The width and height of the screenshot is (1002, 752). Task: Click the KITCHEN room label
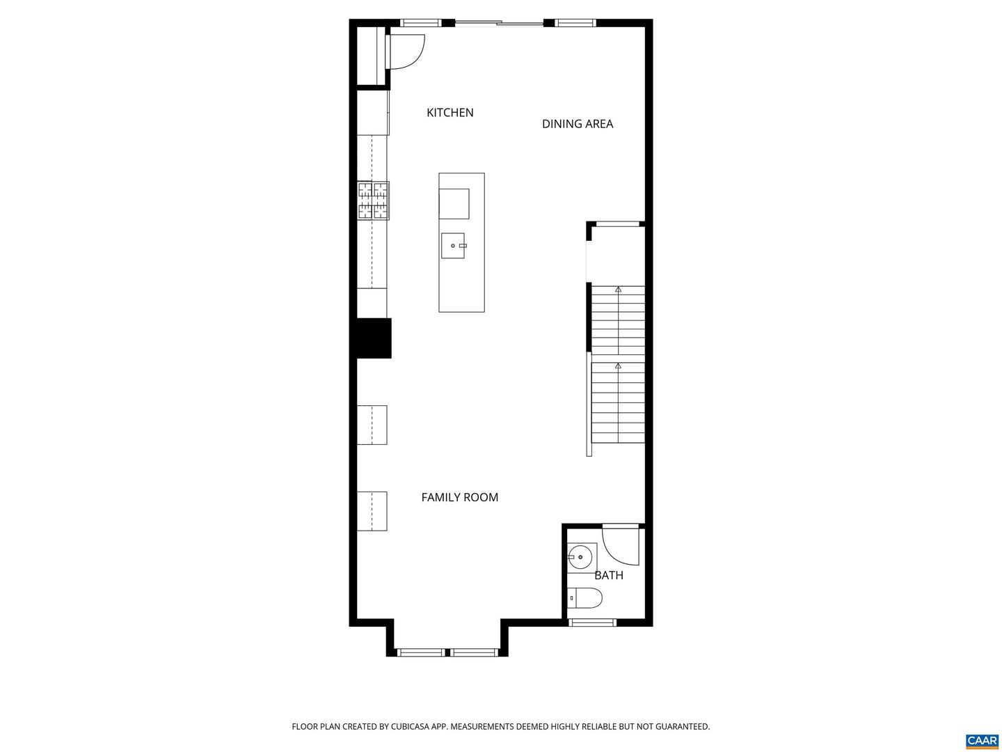tap(450, 113)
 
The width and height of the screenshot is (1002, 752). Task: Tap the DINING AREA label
tap(577, 124)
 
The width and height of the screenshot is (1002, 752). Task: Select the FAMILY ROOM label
tap(459, 497)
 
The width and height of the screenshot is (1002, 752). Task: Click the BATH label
tap(608, 575)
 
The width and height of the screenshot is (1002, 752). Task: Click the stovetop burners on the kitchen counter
tap(373, 201)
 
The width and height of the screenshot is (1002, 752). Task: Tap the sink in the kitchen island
tap(453, 246)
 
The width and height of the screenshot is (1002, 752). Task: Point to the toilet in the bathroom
tap(587, 597)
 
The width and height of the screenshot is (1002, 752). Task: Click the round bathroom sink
tap(580, 557)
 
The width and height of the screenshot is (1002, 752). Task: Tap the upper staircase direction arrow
tap(618, 289)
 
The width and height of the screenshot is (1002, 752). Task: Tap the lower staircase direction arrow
tap(618, 366)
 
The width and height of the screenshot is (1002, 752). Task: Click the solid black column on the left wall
tap(374, 338)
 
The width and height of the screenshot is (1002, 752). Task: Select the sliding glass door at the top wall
tap(499, 24)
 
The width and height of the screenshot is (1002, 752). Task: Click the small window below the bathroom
tap(592, 622)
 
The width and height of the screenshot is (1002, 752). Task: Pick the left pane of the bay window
tap(420, 652)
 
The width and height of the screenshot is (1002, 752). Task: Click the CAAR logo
tap(982, 740)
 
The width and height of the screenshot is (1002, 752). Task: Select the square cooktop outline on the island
tap(454, 203)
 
